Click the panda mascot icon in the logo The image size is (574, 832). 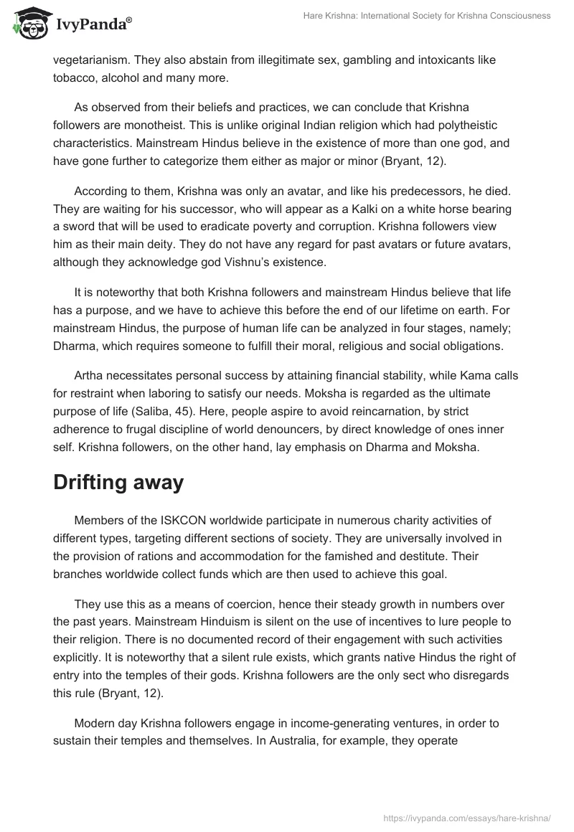tap(27, 24)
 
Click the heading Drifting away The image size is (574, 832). tap(118, 483)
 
